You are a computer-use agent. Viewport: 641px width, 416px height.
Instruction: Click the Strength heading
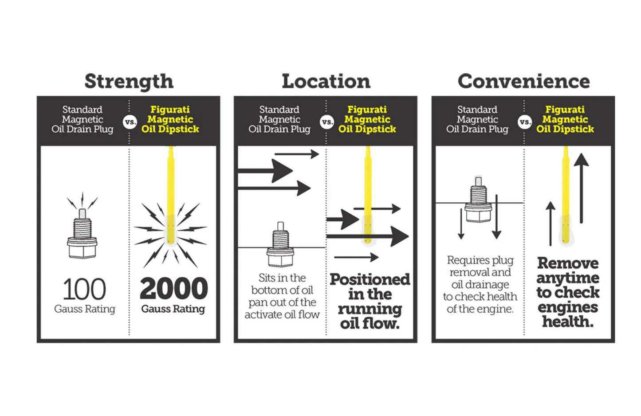coord(129,82)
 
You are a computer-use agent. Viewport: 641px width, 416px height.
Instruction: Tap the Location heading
coord(326,81)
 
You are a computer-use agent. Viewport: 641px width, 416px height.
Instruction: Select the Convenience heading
coord(524,81)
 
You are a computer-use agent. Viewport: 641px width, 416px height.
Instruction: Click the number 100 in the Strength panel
coord(84,289)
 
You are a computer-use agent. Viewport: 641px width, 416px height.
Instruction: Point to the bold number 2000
coord(174,288)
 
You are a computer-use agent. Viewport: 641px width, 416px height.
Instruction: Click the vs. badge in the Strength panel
coord(130,122)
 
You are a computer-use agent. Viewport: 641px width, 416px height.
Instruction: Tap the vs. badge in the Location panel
coord(327,122)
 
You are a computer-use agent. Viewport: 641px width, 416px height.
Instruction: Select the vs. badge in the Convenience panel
coord(525,122)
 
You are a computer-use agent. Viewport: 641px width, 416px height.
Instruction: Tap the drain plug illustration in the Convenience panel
coord(478,200)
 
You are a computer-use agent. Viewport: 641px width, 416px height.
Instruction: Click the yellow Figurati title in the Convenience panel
coord(565,119)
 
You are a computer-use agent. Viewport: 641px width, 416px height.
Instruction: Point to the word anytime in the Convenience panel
coord(568,279)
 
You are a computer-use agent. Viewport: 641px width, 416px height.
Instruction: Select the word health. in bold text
coord(568,322)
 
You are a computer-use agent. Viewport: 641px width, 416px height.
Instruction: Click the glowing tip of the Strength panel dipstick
coord(170,230)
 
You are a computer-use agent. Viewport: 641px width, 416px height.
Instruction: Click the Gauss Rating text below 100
coord(85,309)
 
